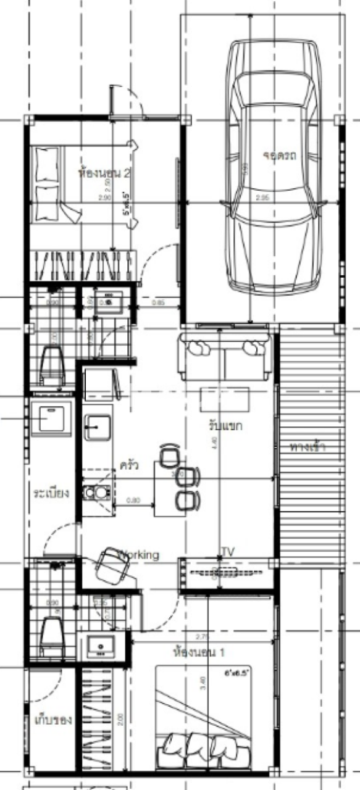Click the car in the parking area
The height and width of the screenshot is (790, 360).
coord(275,167)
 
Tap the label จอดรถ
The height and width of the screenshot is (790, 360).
coord(279,156)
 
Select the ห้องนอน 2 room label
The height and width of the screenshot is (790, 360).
coord(104,173)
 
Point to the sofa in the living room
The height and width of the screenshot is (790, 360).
coord(224,357)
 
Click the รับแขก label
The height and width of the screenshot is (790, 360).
coord(225,425)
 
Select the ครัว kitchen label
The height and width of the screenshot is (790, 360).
coord(128,463)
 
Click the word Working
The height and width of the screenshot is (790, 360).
coord(139,555)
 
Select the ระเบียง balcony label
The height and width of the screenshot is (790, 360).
coord(51,494)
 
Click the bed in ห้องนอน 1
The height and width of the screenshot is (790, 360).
coord(203,716)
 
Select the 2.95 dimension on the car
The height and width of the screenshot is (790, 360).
coord(263,197)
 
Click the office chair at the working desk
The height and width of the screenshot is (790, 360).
coord(114,564)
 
